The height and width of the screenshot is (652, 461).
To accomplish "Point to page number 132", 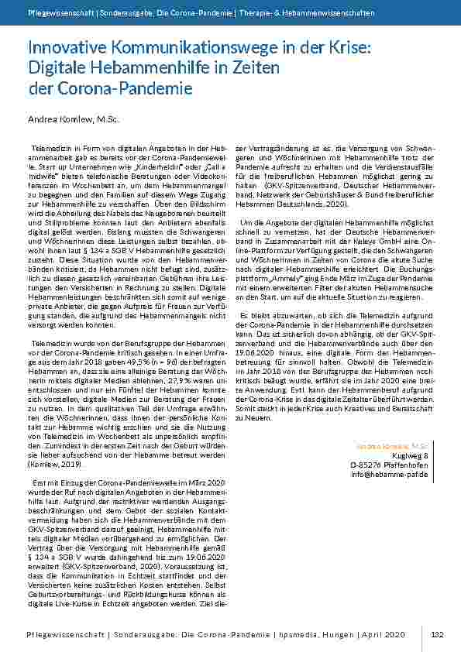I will coord(436,633).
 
